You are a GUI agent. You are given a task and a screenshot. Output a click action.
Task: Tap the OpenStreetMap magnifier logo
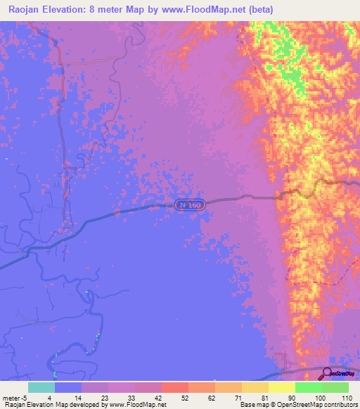(x=327, y=374)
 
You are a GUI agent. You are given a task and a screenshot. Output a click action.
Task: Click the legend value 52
(x=174, y=398)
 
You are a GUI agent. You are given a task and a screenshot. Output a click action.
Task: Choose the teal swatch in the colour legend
(x=41, y=387)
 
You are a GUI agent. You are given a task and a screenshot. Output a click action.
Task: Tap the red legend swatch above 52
(x=174, y=387)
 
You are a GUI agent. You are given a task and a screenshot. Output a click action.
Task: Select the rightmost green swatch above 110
(x=335, y=387)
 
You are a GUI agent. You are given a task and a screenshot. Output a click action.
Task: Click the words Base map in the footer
(x=253, y=405)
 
